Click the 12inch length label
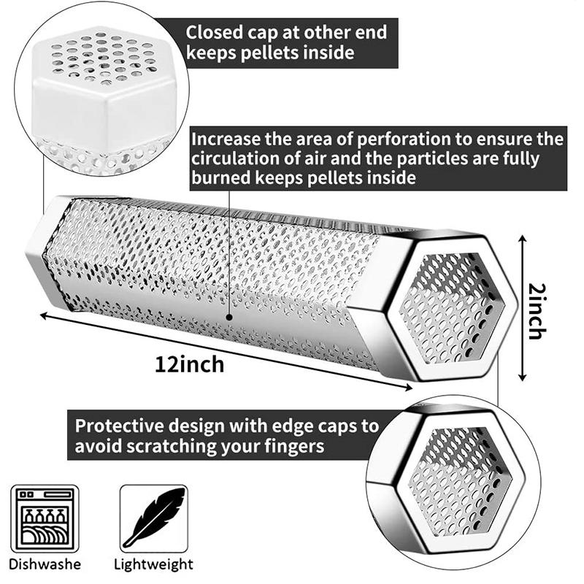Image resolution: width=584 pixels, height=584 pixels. click(189, 364)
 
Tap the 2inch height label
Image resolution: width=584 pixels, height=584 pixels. click(537, 312)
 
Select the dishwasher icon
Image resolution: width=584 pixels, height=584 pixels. click(45, 518)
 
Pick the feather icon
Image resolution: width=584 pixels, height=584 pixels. click(154, 518)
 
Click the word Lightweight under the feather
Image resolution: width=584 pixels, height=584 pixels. click(153, 564)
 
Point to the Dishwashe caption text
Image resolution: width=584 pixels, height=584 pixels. click(45, 564)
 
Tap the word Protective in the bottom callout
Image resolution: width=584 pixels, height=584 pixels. click(119, 426)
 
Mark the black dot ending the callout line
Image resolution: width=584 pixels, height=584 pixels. click(229, 318)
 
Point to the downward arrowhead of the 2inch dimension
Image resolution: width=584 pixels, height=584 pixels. click(523, 377)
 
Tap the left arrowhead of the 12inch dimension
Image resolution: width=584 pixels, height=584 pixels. click(45, 316)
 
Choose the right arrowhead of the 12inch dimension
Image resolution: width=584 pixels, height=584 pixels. click(407, 388)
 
